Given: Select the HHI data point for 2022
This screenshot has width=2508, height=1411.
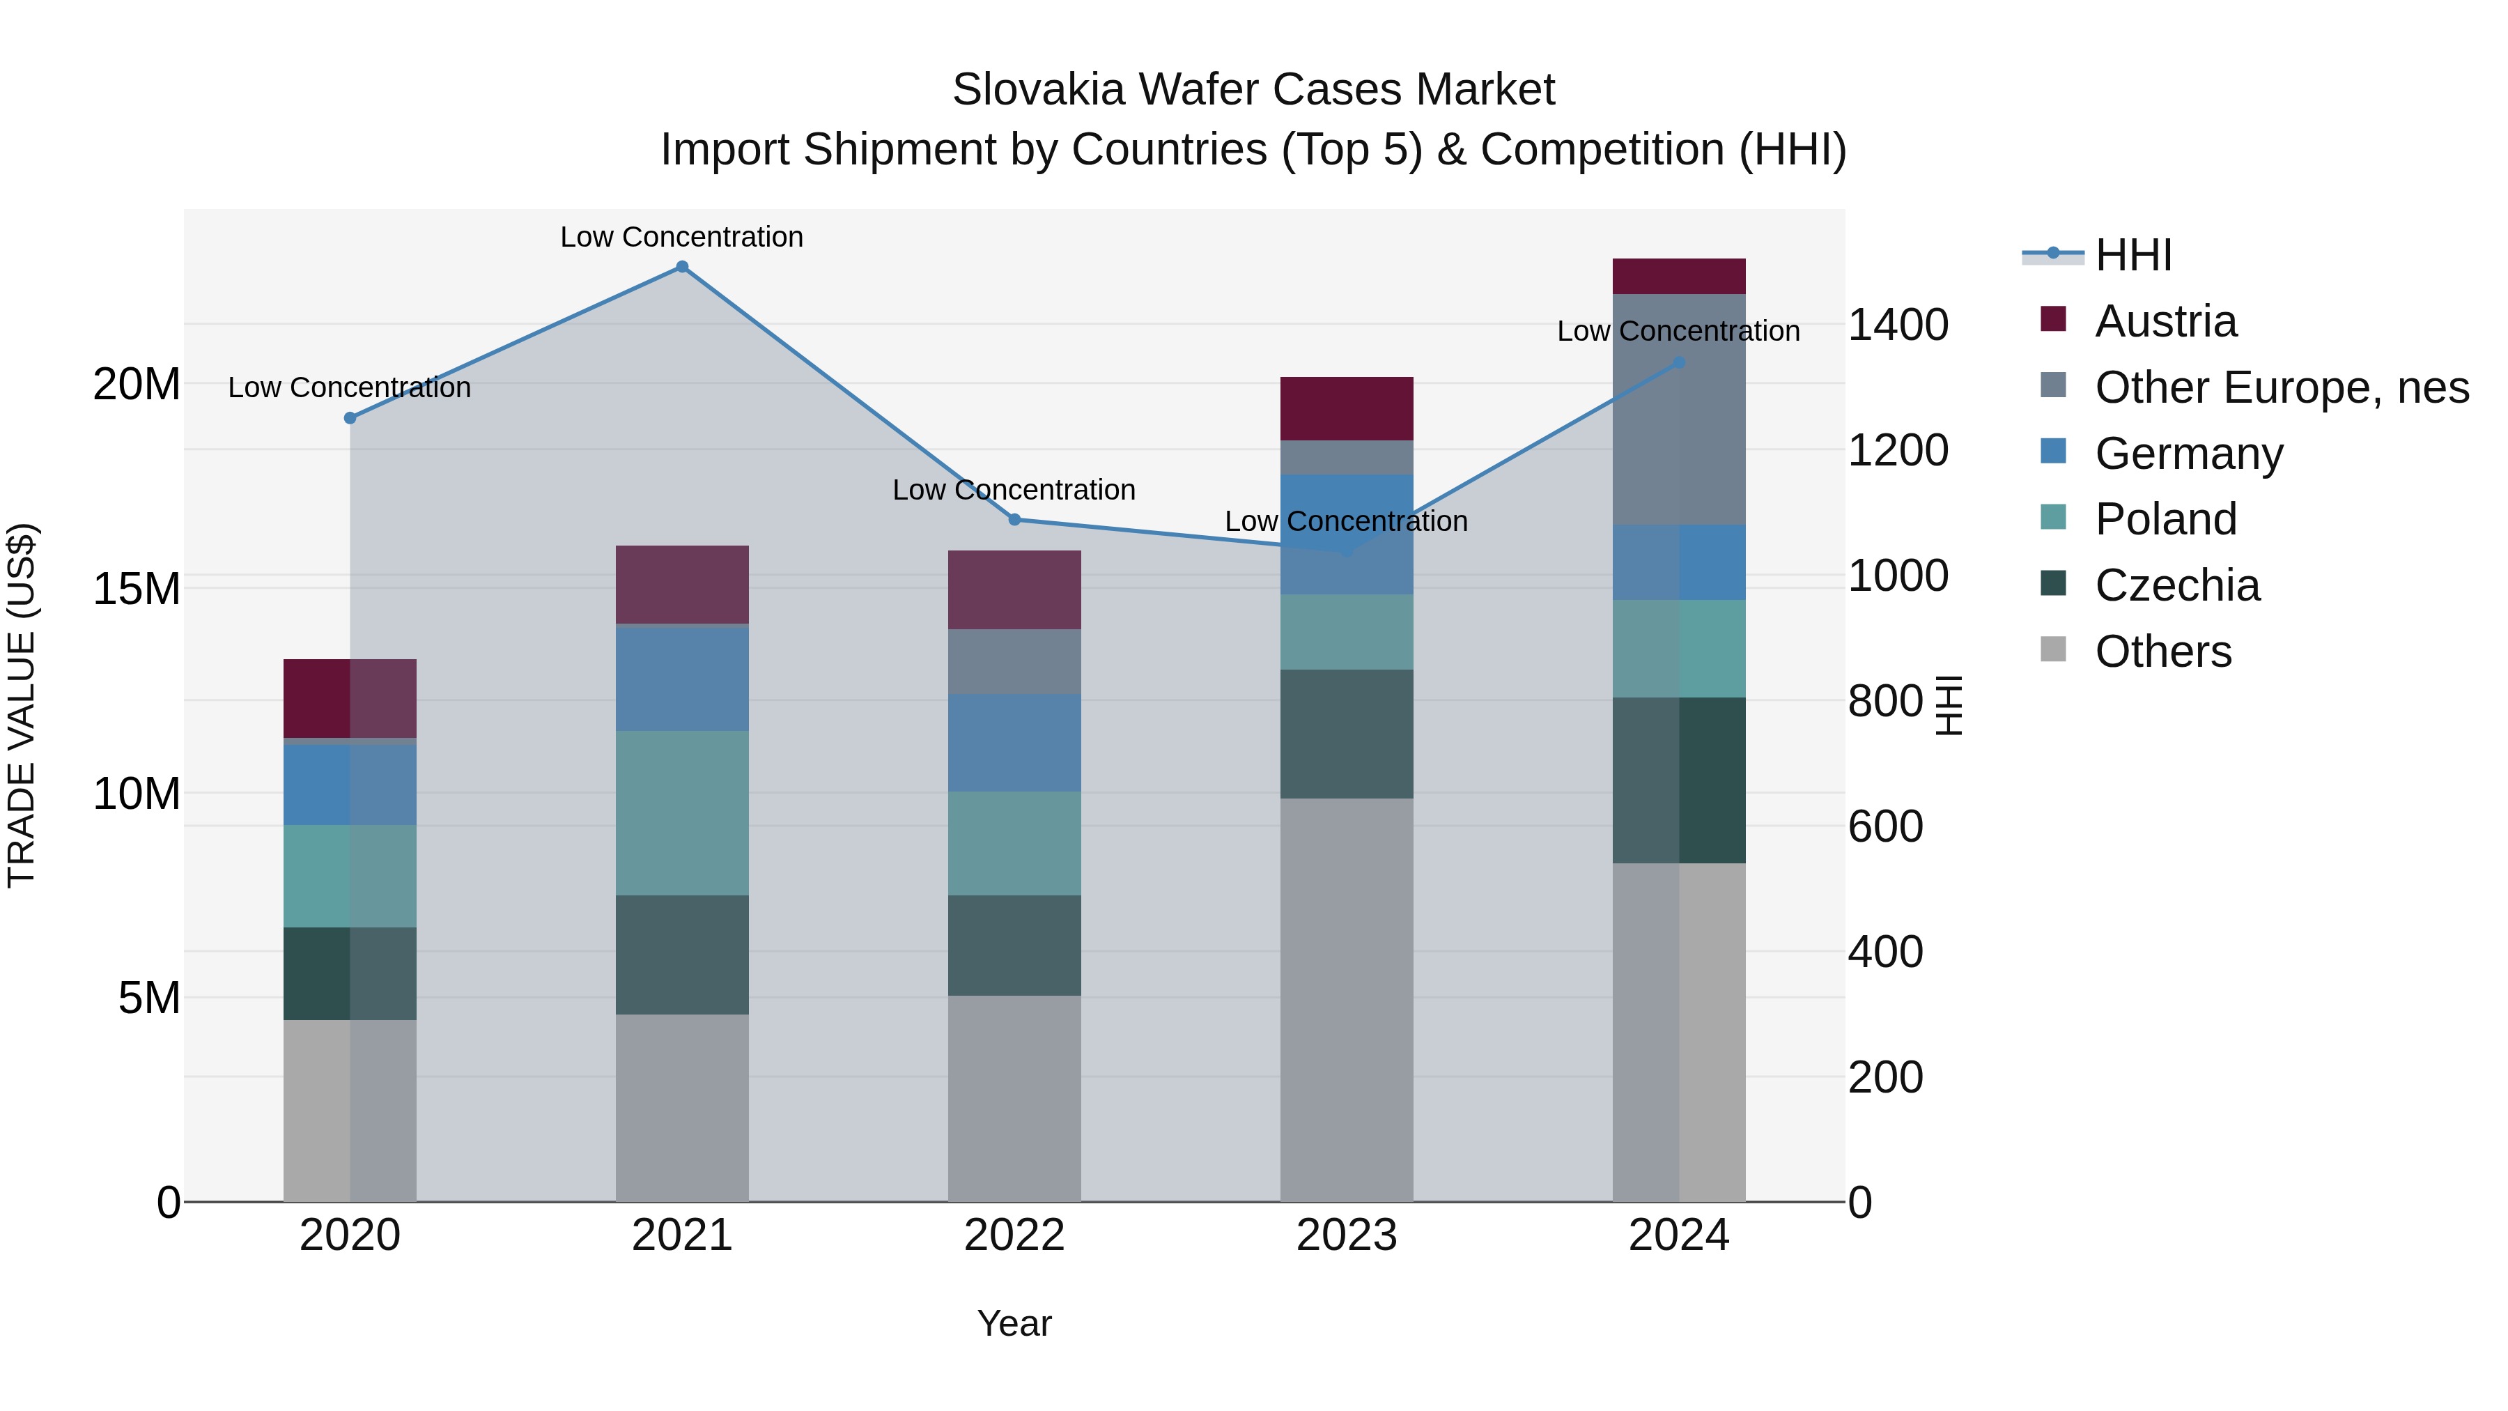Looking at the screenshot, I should click(1014, 519).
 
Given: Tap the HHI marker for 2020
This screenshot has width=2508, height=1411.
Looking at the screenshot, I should click(350, 418).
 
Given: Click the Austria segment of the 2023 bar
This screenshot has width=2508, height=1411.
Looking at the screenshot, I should click(1347, 408).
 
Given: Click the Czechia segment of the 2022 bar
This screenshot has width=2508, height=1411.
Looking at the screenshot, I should click(1014, 945).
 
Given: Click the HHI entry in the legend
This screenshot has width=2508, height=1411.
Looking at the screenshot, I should click(2132, 255).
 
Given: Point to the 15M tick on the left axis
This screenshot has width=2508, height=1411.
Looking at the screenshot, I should click(137, 589).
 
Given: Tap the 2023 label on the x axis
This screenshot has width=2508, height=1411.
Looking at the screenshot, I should click(1347, 1235).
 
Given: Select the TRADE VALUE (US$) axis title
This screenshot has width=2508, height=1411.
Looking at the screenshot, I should click(22, 705).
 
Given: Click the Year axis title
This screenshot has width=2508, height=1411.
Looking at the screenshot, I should click(1014, 1323).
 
